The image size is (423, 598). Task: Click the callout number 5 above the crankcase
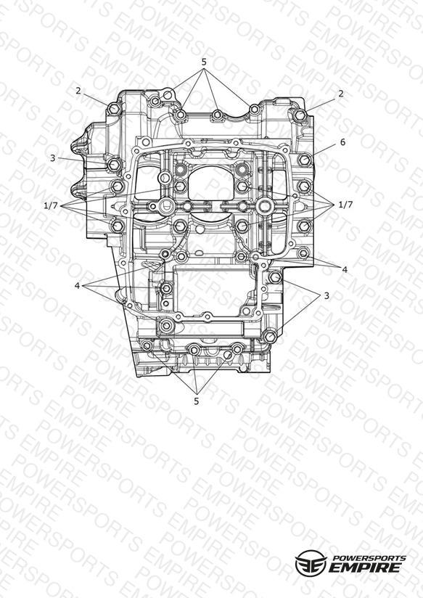pyautogui.click(x=204, y=62)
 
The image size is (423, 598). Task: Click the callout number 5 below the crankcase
pyautogui.click(x=197, y=401)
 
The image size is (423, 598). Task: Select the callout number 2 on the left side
pyautogui.click(x=78, y=91)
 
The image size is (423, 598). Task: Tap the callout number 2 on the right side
pyautogui.click(x=340, y=94)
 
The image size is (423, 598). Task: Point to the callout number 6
pyautogui.click(x=342, y=142)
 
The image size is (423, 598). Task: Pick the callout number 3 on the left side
pyautogui.click(x=53, y=158)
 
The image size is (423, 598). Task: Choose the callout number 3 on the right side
pyautogui.click(x=327, y=295)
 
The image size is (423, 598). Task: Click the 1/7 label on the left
pyautogui.click(x=50, y=206)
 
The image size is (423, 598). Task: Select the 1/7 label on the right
pyautogui.click(x=345, y=205)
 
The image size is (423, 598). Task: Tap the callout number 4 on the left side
pyautogui.click(x=77, y=285)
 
